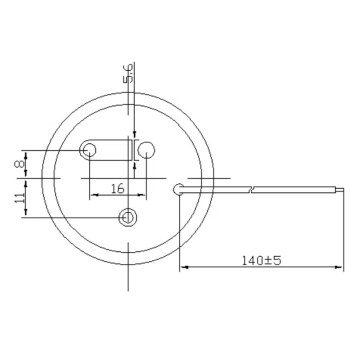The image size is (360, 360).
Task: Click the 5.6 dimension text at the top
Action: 127,73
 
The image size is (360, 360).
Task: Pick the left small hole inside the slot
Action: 90,151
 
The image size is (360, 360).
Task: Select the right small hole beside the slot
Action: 148,151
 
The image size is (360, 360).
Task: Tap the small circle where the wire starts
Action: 178,187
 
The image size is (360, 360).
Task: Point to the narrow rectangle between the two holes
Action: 128,151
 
